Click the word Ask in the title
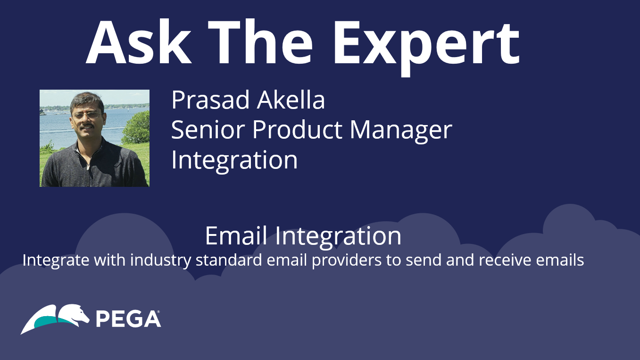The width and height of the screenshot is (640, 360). pyautogui.click(x=139, y=42)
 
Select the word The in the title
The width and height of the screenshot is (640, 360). pyautogui.click(x=260, y=42)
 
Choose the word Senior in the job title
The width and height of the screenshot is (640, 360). pyautogui.click(x=208, y=130)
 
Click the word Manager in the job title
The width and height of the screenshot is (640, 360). pyautogui.click(x=401, y=132)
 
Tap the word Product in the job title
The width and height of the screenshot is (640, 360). pyautogui.click(x=297, y=130)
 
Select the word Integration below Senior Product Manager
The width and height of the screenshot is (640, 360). pyautogui.click(x=234, y=161)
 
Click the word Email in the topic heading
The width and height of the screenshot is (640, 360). pyautogui.click(x=236, y=235)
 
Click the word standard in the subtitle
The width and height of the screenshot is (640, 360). pyautogui.click(x=229, y=260)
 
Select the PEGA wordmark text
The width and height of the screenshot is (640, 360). pyautogui.click(x=128, y=318)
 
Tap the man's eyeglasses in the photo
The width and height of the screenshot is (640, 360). pyautogui.click(x=87, y=115)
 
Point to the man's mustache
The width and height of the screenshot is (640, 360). pyautogui.click(x=88, y=126)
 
